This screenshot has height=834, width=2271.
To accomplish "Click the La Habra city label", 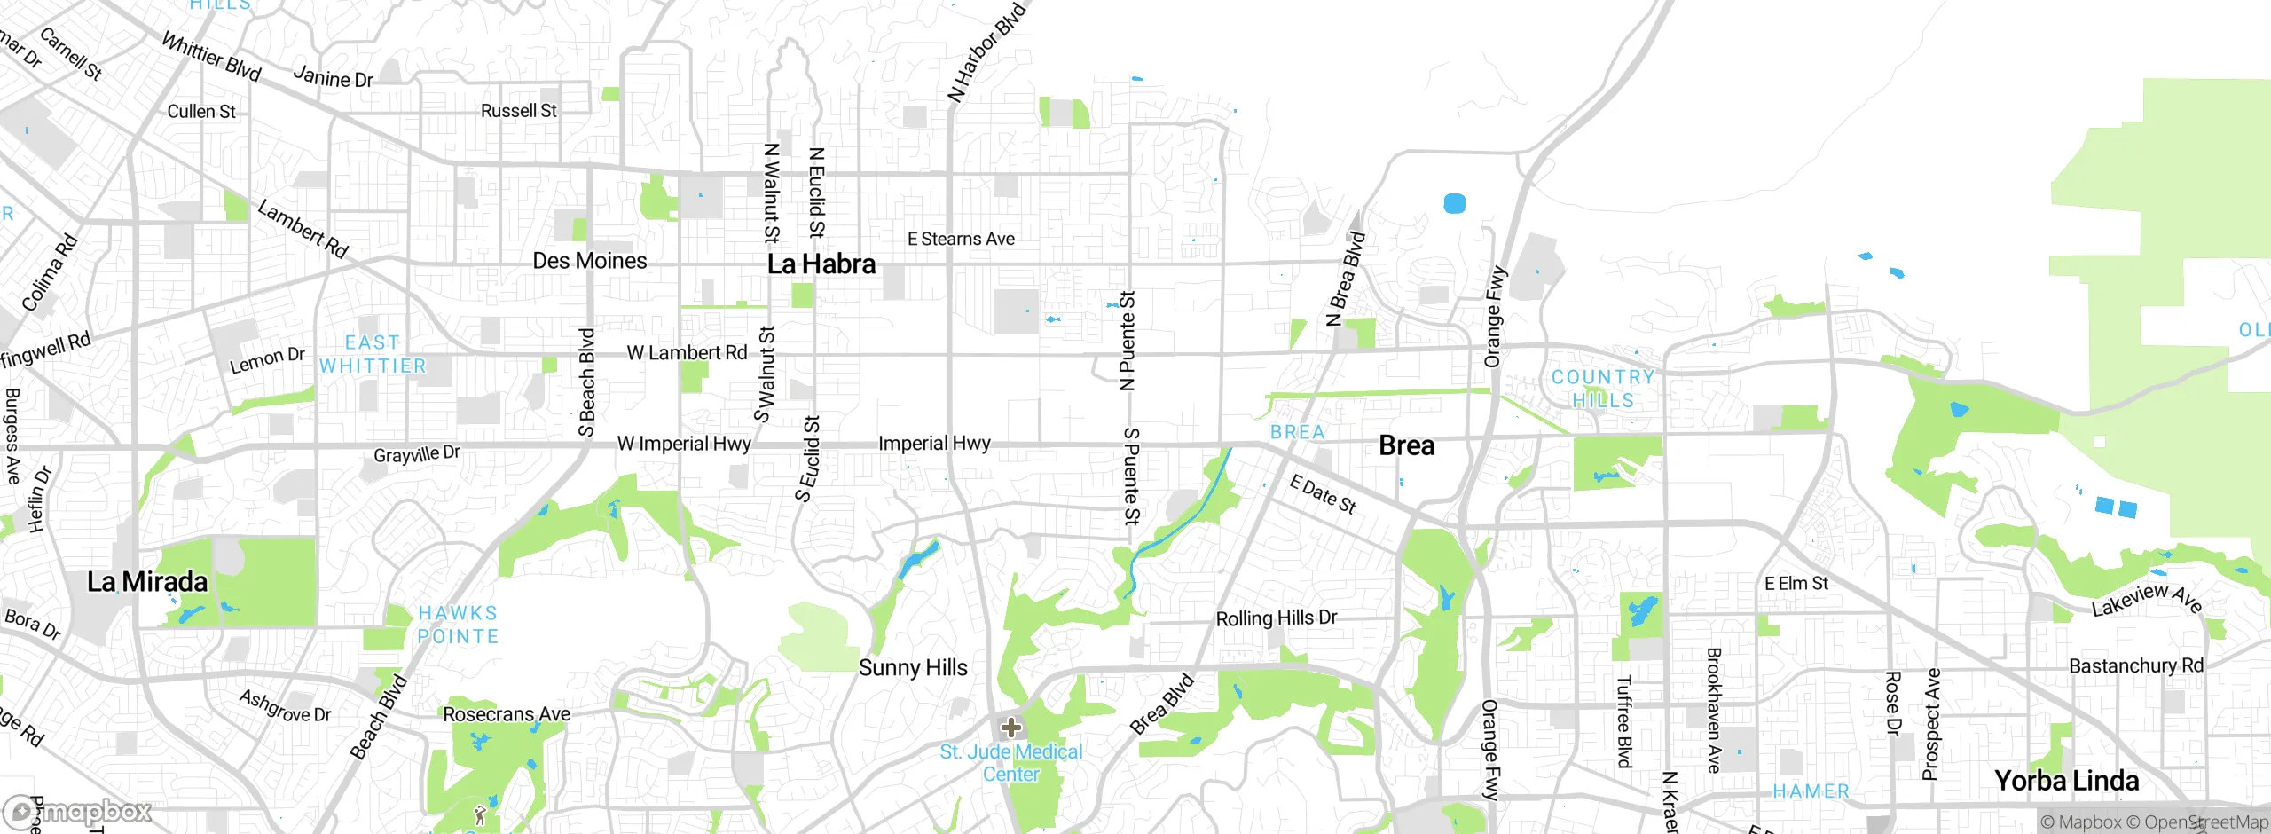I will tap(821, 264).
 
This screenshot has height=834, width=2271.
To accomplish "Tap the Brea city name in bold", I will tap(1406, 445).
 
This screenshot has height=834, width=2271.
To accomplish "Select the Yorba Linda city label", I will tap(2066, 781).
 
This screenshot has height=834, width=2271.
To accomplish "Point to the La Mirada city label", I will tap(147, 582).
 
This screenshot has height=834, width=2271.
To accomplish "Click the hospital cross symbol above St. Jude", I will tap(1010, 728).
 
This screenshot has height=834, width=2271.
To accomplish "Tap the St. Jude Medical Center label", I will tap(1011, 763).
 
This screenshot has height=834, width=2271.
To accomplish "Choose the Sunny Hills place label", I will tap(913, 668).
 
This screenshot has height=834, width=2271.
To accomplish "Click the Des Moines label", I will tap(589, 261).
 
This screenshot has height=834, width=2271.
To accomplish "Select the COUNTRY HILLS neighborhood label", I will tap(1602, 389).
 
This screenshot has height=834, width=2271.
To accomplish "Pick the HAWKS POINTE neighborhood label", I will tap(458, 625).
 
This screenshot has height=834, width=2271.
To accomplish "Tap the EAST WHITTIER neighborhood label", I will tap(373, 354).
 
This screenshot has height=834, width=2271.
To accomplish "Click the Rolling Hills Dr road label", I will tap(1276, 618).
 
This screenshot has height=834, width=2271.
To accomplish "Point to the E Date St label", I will tap(1322, 493).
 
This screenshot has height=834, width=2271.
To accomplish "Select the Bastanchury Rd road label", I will tap(2135, 665).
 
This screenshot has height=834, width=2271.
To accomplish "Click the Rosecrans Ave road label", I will tap(507, 714).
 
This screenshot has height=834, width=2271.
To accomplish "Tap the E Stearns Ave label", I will tap(961, 239).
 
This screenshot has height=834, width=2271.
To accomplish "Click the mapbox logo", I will tap(78, 811).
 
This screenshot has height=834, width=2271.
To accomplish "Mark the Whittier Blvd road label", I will tap(211, 57).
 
